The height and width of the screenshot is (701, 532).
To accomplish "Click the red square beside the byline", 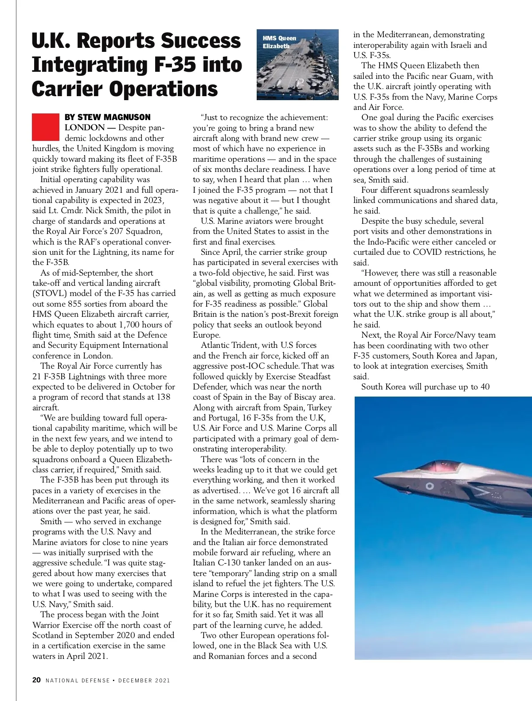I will point(45,127).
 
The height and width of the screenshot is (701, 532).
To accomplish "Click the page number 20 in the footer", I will point(37,680).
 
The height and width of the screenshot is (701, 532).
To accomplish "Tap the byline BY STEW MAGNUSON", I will point(107,117).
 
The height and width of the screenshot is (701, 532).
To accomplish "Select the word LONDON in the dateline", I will point(84,128).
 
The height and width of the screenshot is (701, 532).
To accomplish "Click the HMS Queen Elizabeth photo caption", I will point(279,42).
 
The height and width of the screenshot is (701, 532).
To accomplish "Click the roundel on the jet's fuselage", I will point(429,486).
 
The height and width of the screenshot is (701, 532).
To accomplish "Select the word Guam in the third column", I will point(461,76).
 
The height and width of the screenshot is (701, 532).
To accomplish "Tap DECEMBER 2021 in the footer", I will point(144,680).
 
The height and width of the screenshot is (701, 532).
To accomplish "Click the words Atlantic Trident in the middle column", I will point(224,345).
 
